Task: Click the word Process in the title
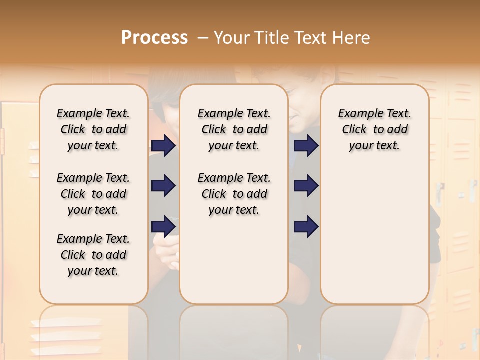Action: [154, 38]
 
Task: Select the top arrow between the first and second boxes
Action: [163, 146]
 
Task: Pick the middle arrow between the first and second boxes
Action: [163, 186]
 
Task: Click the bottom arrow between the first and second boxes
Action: [163, 226]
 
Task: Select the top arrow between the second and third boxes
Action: [306, 146]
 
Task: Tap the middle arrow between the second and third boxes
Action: [306, 186]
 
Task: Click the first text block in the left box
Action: [93, 129]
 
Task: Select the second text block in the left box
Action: [93, 194]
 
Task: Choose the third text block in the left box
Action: [93, 255]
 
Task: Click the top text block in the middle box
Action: [234, 129]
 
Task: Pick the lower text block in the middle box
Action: [234, 194]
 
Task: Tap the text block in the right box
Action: [374, 129]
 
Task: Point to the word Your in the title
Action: [228, 38]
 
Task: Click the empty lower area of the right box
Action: [374, 240]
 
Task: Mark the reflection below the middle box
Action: [234, 330]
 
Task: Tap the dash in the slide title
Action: [202, 38]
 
